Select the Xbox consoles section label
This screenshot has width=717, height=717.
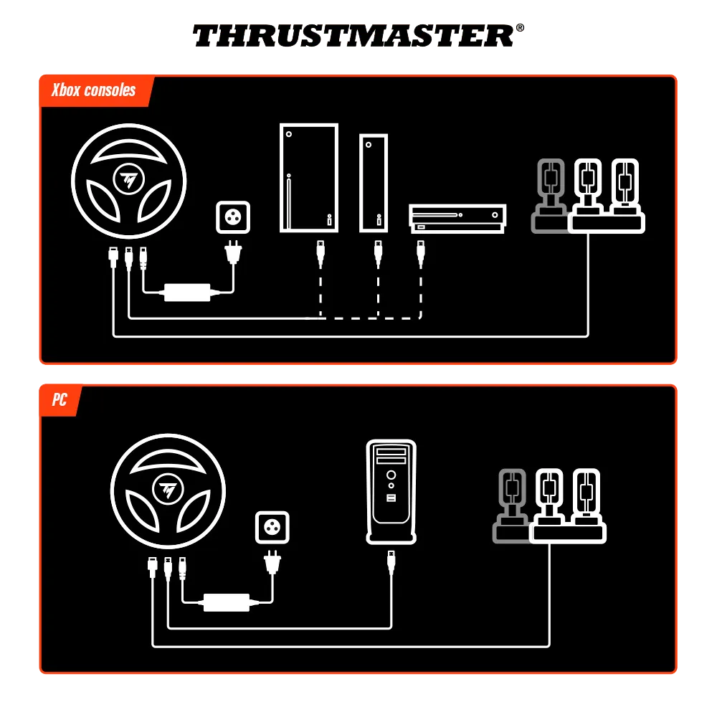click(94, 90)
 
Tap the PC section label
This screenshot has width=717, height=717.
click(60, 399)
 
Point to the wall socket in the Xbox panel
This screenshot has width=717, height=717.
click(233, 217)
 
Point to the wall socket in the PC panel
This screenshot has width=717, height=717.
click(272, 528)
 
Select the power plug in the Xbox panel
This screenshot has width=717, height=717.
click(232, 252)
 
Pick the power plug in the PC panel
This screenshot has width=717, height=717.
click(272, 562)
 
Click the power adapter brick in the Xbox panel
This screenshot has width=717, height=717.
click(188, 292)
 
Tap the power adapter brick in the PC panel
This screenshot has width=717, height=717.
click(227, 602)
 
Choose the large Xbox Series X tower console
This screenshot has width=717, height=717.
click(308, 178)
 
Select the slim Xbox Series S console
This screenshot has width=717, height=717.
click(373, 183)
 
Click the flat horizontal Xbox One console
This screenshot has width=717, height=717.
click(458, 219)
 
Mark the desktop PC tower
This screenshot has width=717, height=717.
click(391, 491)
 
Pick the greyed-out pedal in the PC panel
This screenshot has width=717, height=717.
click(511, 503)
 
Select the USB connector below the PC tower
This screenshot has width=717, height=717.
click(391, 561)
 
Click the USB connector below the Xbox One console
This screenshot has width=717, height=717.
click(421, 252)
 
